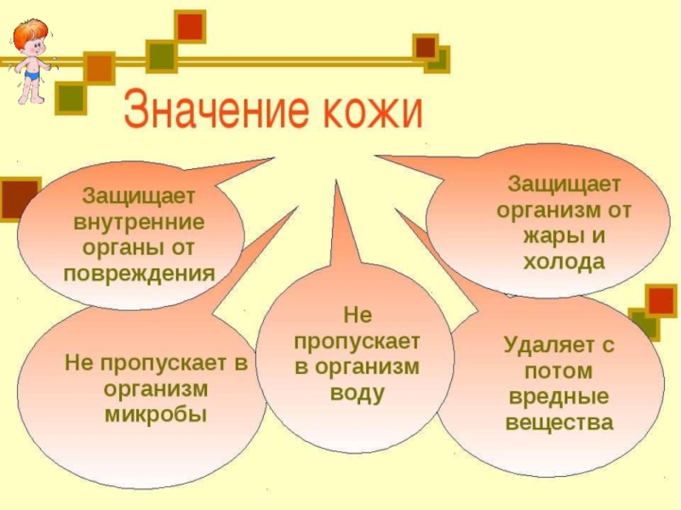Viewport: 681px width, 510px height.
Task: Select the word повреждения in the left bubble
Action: [139, 274]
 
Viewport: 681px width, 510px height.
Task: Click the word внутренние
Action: [139, 222]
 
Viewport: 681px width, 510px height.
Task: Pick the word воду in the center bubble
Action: [357, 394]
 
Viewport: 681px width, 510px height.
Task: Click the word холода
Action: [564, 262]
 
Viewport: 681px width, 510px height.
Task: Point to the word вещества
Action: [558, 422]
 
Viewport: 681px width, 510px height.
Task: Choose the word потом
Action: [558, 371]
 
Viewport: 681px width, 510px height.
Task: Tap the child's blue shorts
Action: [32, 75]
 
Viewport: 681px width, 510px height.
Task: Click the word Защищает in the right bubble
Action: [564, 184]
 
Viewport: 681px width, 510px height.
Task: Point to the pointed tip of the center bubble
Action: [338, 182]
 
